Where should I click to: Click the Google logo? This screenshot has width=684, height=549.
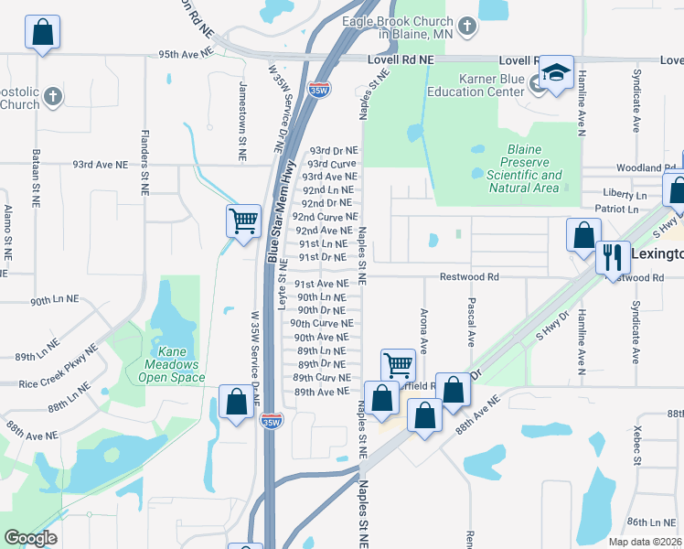(31, 538)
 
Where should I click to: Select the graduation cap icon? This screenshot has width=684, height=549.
(555, 74)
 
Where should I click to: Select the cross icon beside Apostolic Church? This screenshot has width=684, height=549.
(53, 95)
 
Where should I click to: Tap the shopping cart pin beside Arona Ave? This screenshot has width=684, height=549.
(398, 365)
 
